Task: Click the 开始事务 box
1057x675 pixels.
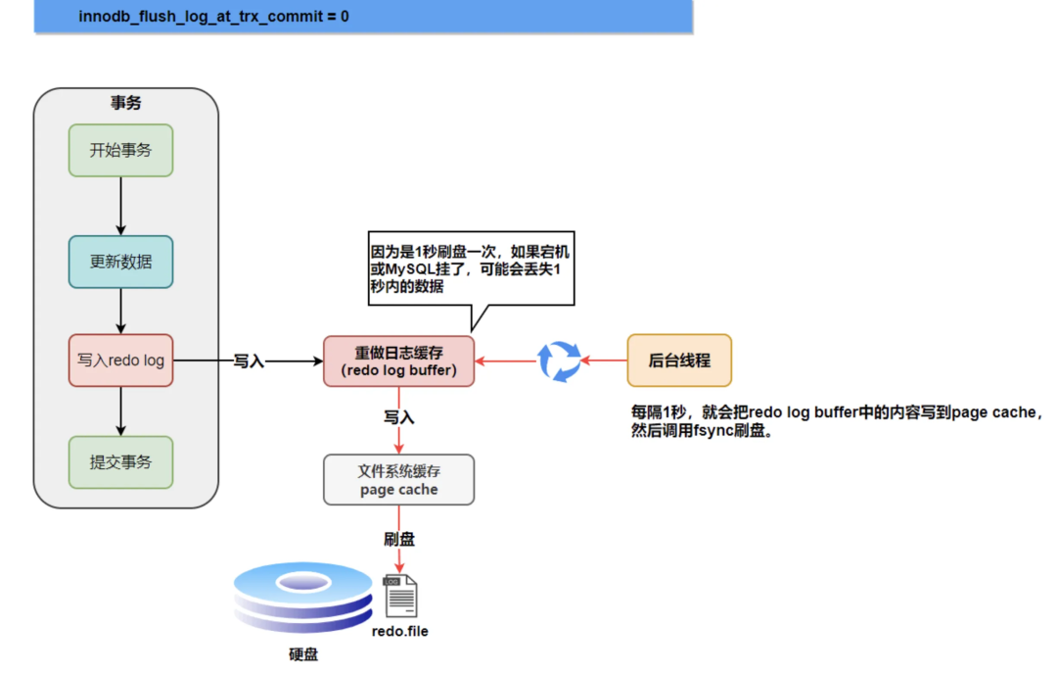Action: coord(120,150)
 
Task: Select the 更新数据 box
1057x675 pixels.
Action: coord(120,262)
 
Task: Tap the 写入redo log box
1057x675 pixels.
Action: coord(120,361)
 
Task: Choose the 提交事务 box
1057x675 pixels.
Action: coord(120,462)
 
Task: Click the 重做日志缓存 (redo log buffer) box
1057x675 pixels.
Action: coord(398,362)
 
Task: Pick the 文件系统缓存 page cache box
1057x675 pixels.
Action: coord(398,479)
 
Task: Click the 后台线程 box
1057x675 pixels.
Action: coord(679,361)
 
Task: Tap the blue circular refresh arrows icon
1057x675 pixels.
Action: coord(560,361)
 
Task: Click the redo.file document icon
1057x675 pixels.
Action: coord(400,596)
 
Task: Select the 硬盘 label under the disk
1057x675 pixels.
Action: coord(303,654)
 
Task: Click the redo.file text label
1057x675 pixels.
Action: coord(400,631)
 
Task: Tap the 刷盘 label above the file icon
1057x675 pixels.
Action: coord(399,539)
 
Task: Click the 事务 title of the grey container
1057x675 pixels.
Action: coord(125,103)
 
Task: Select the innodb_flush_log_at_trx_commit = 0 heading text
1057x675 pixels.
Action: coord(213,17)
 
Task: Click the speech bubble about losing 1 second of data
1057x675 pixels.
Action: coord(469,265)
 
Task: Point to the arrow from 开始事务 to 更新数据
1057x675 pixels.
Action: coord(120,206)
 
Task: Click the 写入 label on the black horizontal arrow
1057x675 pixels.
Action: coord(249,362)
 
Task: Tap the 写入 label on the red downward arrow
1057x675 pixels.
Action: coord(398,417)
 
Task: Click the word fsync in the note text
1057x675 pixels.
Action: coord(711,431)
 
